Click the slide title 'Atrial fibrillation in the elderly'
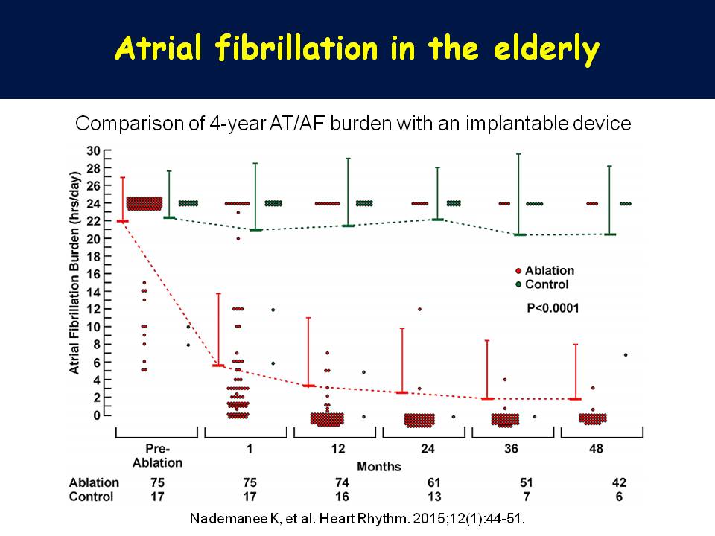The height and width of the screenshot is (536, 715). click(x=357, y=49)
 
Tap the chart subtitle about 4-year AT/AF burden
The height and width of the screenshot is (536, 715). click(x=353, y=124)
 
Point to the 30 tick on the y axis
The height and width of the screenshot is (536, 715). click(x=94, y=150)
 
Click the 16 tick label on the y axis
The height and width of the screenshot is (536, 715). click(x=94, y=274)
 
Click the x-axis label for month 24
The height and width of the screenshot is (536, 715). click(x=425, y=450)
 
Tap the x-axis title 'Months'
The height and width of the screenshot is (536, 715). click(x=379, y=467)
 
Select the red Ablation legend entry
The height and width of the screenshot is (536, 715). click(x=544, y=271)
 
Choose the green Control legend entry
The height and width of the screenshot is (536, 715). click(x=541, y=284)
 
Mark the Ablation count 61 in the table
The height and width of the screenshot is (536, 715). click(x=425, y=482)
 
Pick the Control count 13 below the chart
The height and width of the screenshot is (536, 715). click(x=425, y=497)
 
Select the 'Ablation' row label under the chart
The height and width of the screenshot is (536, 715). click(x=94, y=482)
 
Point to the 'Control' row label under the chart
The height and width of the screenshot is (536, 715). click(x=92, y=497)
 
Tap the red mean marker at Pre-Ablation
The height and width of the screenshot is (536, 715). click(x=122, y=221)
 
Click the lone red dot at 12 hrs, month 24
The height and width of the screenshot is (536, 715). click(x=420, y=309)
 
